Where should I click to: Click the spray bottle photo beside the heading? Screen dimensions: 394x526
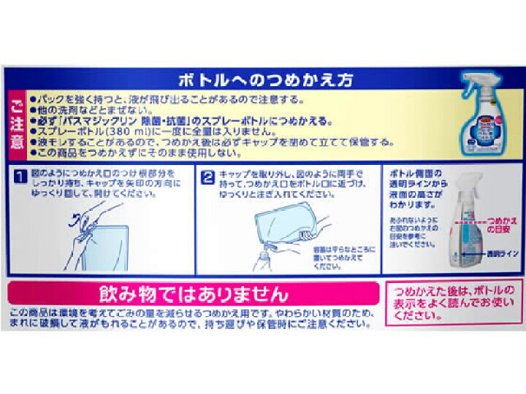tap(483, 113)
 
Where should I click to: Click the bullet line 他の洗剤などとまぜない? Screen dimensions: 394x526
tap(88, 110)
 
